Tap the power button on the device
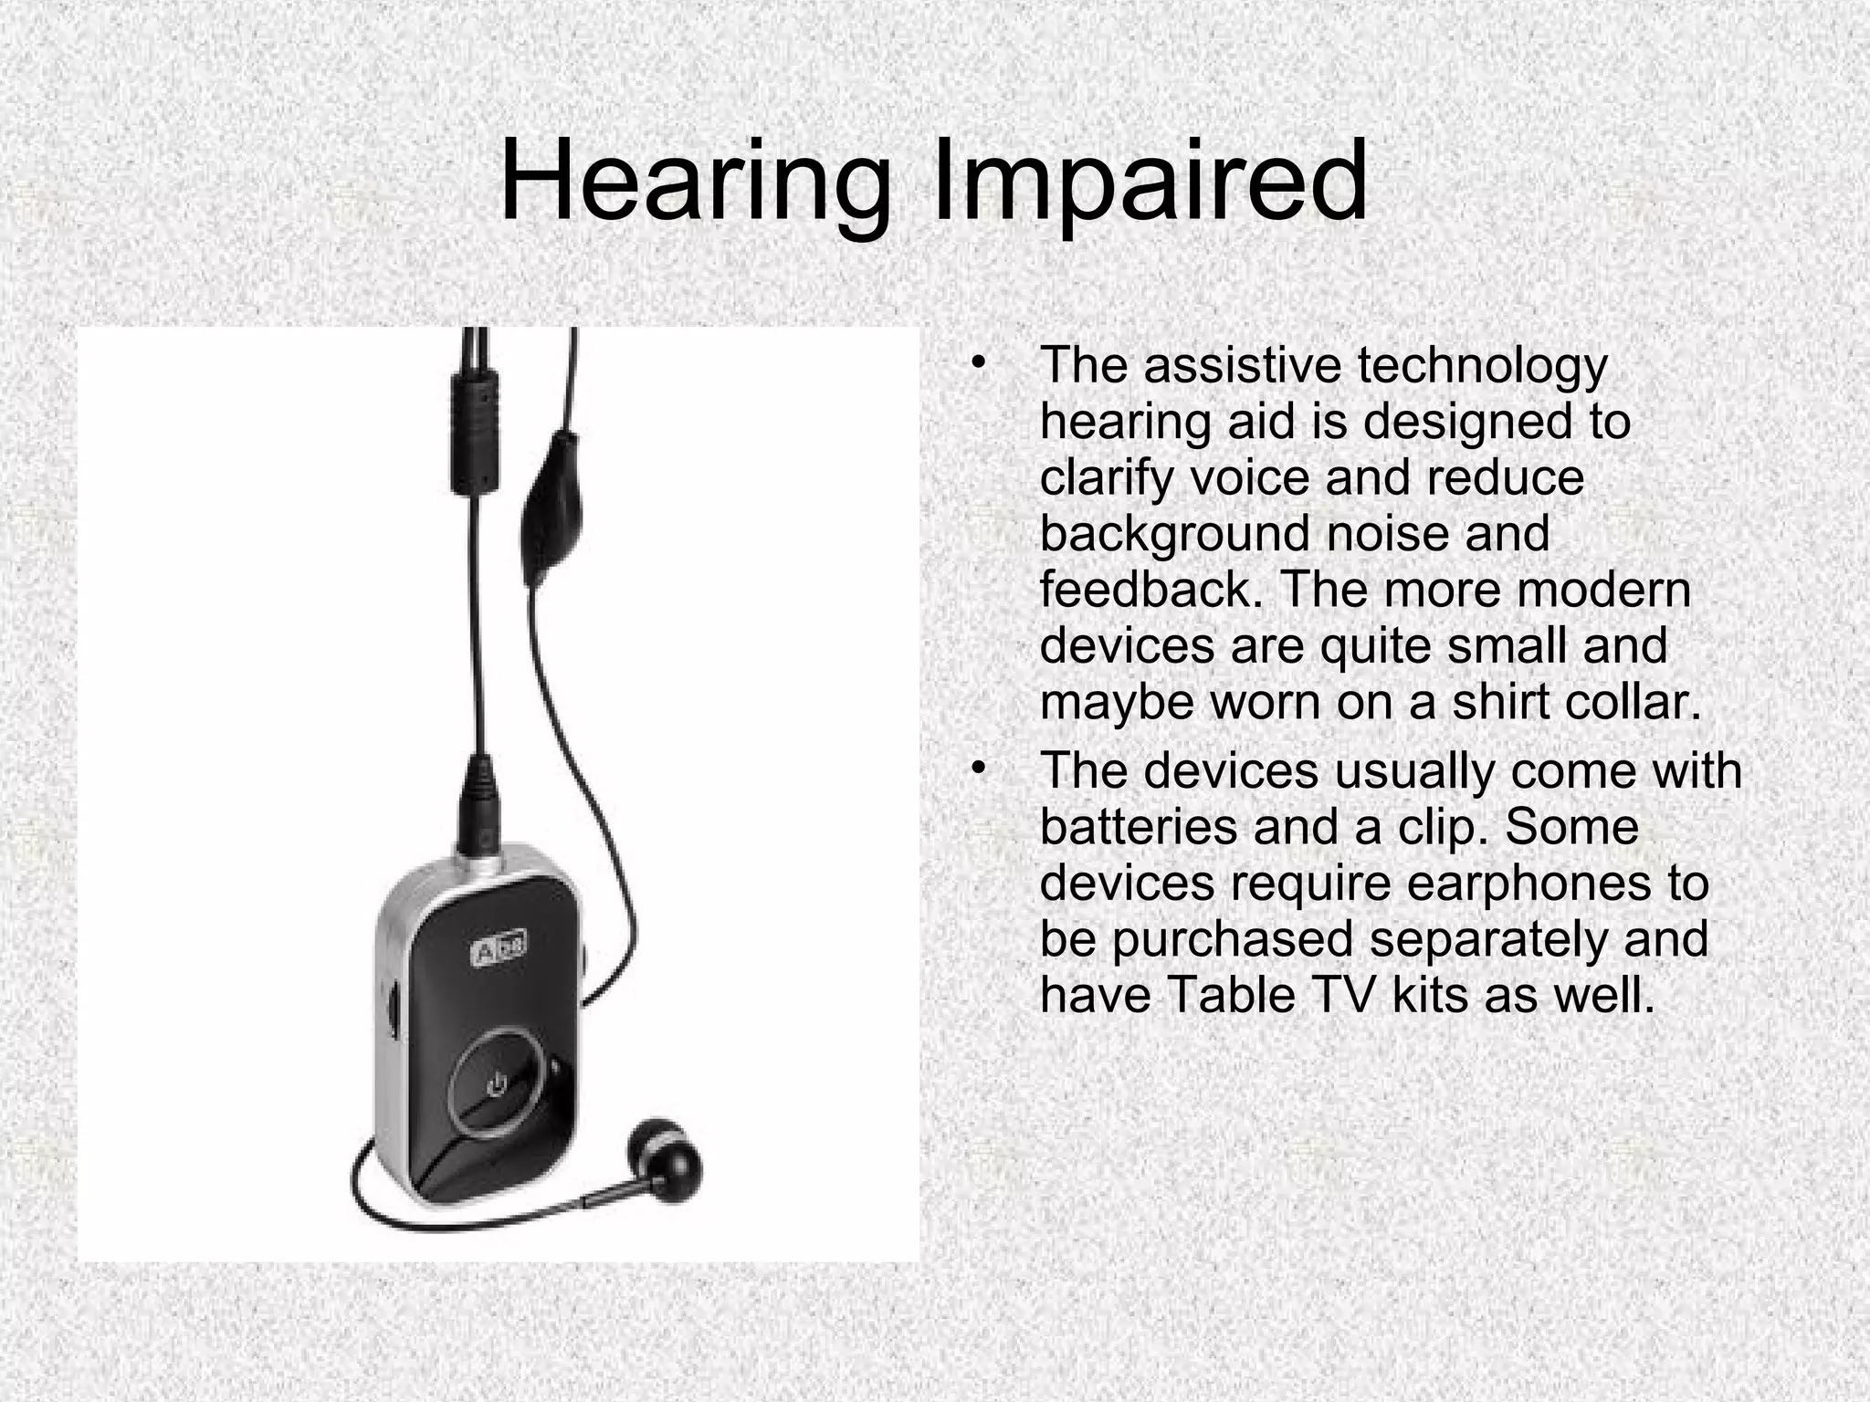[x=496, y=1085]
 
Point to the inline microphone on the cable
[x=548, y=511]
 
